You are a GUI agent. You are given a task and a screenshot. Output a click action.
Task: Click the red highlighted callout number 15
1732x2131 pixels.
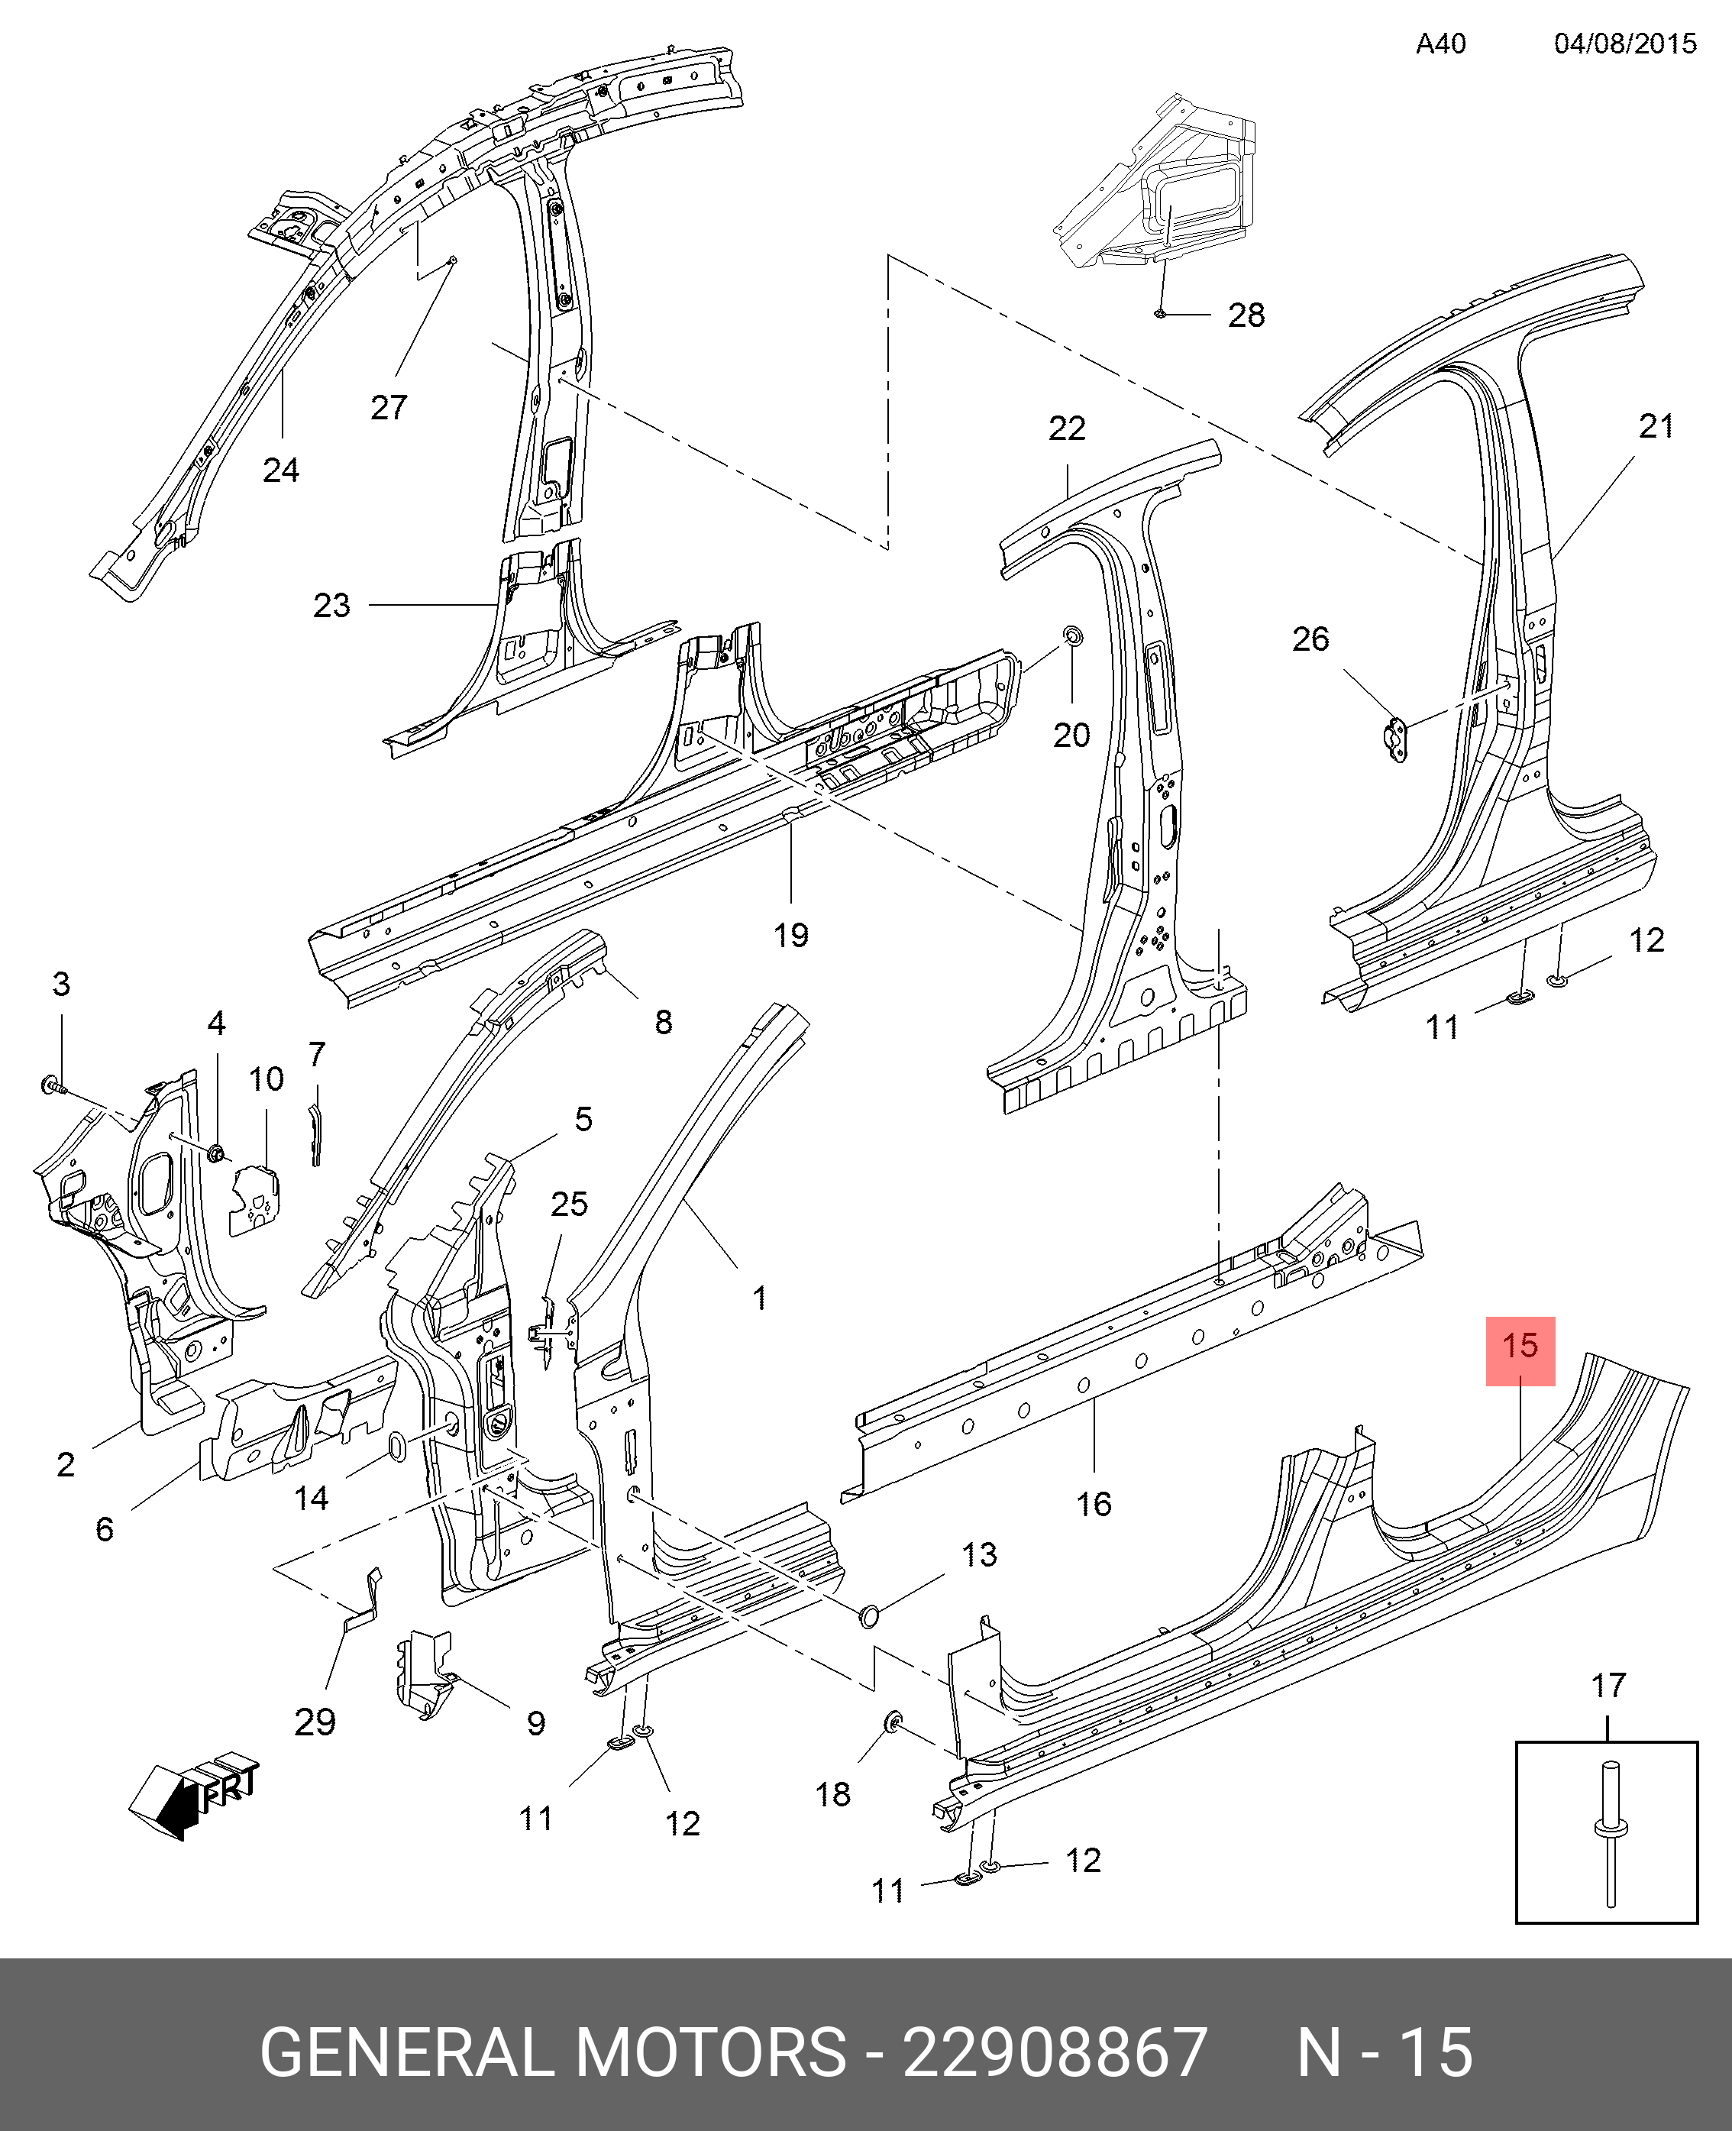point(1520,1346)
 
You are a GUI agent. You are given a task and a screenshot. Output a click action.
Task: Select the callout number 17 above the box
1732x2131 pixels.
point(1608,1686)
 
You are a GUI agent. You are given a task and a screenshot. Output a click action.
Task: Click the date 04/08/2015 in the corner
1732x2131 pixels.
point(1625,44)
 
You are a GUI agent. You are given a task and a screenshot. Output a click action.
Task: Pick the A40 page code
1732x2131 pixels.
point(1441,44)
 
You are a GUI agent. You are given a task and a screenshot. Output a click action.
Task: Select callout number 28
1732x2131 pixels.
point(1246,315)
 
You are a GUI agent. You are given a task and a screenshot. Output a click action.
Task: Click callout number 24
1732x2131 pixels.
point(280,469)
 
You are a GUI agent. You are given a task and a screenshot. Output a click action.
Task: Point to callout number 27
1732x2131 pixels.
point(389,407)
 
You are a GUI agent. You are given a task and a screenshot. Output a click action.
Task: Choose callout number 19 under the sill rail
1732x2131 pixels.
point(791,935)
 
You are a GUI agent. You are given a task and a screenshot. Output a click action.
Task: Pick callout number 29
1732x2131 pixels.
point(315,1722)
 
